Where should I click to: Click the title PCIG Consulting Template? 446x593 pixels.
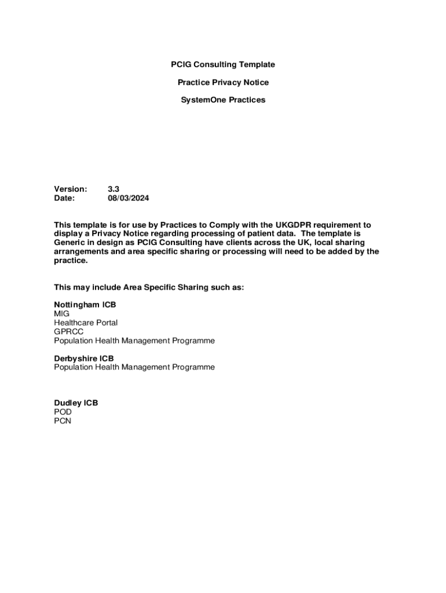(x=223, y=64)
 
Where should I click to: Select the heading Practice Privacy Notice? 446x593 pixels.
(x=223, y=82)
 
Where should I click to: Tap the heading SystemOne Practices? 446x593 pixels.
(x=223, y=100)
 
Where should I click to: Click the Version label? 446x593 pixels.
(x=71, y=189)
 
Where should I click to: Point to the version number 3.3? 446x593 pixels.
(x=114, y=189)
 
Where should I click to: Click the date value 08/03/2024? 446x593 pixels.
(x=129, y=198)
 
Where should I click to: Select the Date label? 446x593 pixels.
(x=65, y=198)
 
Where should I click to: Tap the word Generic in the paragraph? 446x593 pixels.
(x=70, y=243)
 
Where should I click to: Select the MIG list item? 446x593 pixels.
(x=61, y=314)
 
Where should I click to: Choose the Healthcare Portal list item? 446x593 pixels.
(x=86, y=323)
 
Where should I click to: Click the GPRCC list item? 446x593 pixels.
(x=69, y=332)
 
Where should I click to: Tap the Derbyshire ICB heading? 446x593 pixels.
(x=84, y=358)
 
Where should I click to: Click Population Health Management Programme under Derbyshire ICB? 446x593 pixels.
(x=134, y=367)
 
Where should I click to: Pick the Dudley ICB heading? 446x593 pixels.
(x=76, y=403)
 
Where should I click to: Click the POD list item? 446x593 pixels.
(x=63, y=412)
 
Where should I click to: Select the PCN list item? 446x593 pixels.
(x=63, y=421)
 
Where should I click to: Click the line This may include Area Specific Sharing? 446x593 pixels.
(x=149, y=287)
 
